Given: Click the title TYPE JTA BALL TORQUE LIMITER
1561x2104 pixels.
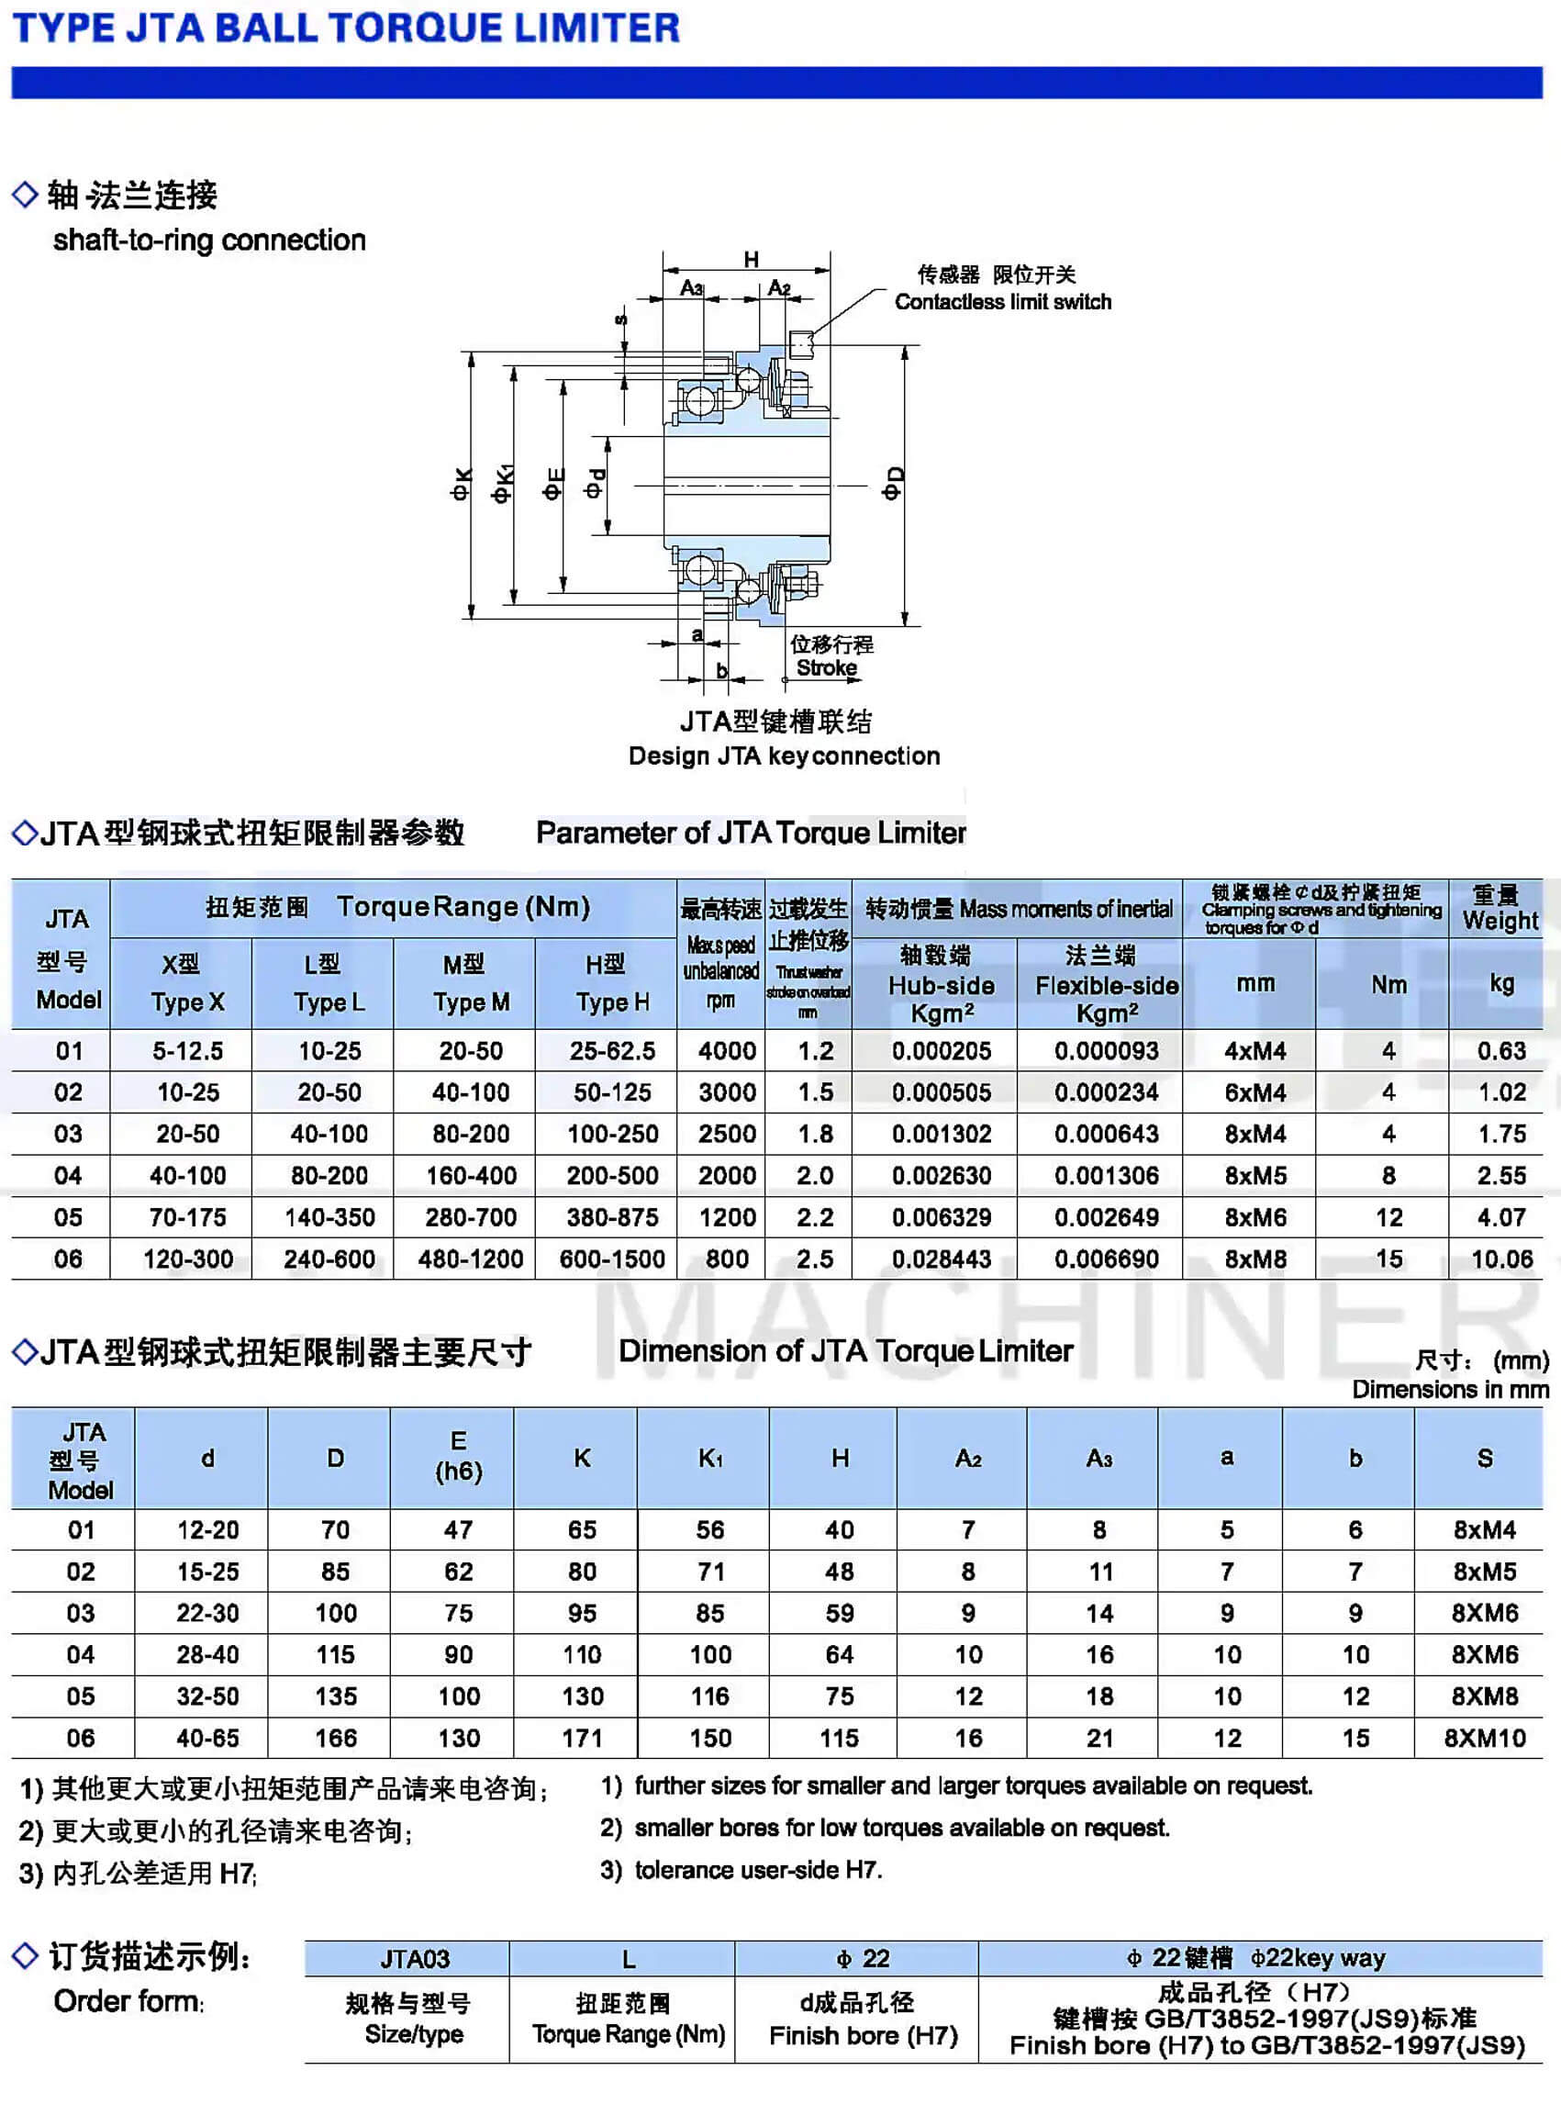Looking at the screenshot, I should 346,28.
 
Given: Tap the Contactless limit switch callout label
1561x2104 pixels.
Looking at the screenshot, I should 1002,301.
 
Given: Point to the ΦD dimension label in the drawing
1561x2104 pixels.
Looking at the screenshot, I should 891,483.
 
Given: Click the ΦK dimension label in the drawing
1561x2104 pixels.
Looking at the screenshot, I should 461,485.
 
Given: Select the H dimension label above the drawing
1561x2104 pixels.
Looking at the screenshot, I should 752,259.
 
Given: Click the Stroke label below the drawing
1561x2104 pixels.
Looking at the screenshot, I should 827,667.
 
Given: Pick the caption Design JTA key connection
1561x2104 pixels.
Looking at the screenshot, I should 784,755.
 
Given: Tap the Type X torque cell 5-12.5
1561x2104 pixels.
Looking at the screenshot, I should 188,1050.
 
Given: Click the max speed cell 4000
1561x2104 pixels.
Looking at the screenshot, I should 727,1050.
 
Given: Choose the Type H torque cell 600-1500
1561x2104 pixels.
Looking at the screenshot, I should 612,1259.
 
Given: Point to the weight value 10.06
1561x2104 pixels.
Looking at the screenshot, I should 1501,1259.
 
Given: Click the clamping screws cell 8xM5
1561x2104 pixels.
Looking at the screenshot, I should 1254,1176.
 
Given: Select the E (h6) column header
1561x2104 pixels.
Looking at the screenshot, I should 458,1457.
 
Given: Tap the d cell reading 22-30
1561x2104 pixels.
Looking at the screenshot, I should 208,1614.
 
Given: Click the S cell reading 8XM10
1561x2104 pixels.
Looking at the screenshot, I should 1485,1739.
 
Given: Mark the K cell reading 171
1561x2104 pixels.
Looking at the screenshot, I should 582,1739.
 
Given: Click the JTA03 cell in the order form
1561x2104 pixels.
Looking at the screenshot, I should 415,1958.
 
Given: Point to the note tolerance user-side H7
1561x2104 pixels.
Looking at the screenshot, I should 758,1870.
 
